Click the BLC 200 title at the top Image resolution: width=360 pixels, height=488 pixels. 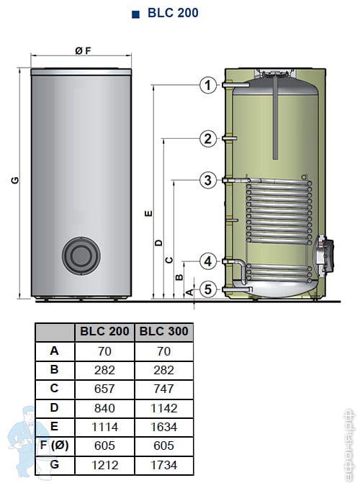173,13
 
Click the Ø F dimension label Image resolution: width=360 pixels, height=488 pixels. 83,50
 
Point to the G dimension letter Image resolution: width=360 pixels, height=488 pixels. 15,180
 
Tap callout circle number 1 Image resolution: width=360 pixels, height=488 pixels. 207,85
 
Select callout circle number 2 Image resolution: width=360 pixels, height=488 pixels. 207,138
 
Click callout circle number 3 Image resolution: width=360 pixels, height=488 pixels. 207,180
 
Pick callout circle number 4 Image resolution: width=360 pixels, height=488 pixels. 207,261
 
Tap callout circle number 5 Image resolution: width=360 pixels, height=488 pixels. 207,289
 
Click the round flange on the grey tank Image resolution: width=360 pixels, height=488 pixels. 81,256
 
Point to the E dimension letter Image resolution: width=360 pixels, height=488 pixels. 149,214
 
